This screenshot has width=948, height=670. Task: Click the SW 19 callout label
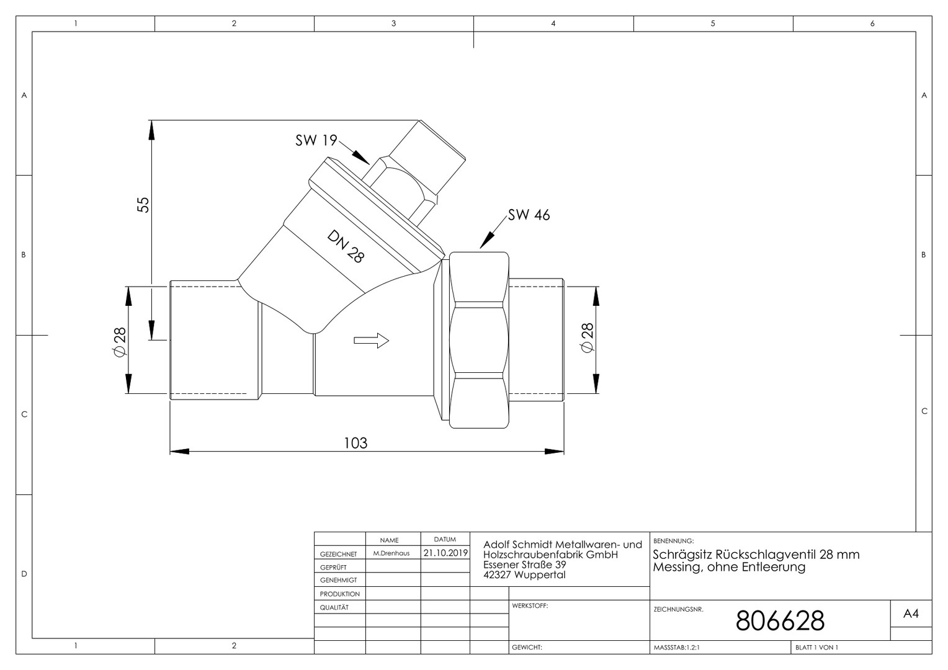pos(316,140)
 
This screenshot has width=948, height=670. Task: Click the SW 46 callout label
pos(529,215)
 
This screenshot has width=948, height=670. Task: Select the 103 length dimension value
pos(355,443)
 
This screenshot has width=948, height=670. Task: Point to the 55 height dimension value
pos(143,205)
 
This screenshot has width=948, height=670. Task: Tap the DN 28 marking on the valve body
pos(346,246)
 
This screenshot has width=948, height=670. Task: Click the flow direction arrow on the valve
pos(371,341)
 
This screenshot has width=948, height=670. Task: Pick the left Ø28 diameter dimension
pos(120,342)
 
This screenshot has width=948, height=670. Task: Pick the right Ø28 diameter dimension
pos(587,337)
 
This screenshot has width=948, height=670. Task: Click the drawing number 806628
pos(780,621)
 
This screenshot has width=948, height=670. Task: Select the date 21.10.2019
pos(445,553)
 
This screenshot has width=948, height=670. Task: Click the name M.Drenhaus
pos(391,553)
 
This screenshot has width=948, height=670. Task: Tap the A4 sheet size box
pos(911,614)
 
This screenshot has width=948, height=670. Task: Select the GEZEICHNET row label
pos(339,554)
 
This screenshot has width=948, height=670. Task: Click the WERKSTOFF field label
pos(530,605)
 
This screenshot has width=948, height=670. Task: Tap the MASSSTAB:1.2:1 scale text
pos(676,648)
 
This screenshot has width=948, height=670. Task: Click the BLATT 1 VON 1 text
pos(817,648)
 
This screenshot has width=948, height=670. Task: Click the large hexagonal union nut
pos(479,341)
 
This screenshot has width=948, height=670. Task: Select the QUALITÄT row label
pos(334,607)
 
